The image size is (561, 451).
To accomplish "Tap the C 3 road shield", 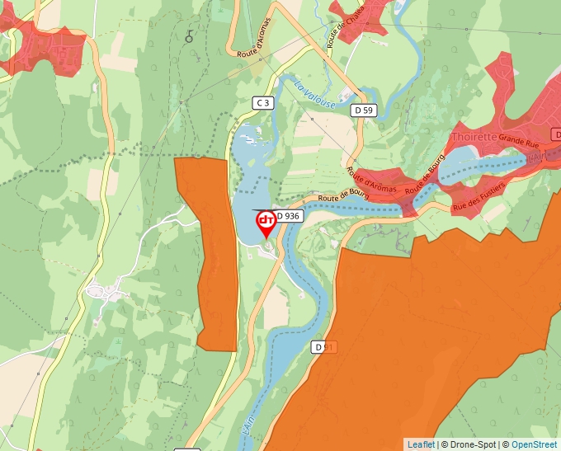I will [x=262, y=102].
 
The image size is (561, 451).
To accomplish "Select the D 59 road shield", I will [x=363, y=110].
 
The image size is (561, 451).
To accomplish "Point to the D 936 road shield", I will [x=290, y=216].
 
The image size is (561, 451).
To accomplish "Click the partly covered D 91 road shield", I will [x=324, y=348].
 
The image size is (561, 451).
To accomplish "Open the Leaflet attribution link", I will [x=420, y=444].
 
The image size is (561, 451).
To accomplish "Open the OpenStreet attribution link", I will [x=535, y=444].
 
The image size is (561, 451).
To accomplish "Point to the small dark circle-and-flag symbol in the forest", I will [x=190, y=36].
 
